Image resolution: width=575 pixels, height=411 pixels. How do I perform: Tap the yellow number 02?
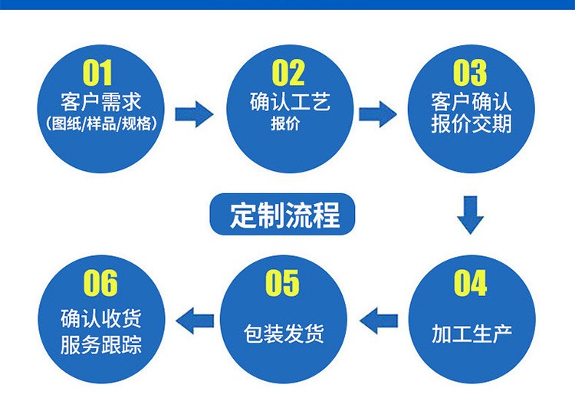click(x=288, y=74)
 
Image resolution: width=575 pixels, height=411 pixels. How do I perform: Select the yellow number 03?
click(x=469, y=74)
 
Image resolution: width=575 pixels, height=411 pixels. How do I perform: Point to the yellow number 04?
click(x=470, y=284)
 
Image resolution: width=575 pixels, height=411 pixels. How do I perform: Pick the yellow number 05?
click(x=282, y=284)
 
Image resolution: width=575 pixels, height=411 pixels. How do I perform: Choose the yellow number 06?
click(x=100, y=284)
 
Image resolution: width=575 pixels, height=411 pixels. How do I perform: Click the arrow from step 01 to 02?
click(x=194, y=114)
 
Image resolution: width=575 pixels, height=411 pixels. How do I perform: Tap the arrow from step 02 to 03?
click(x=378, y=114)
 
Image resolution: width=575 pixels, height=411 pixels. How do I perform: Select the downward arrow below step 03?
click(x=470, y=214)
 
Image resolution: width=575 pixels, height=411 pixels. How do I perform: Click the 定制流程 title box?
click(x=284, y=216)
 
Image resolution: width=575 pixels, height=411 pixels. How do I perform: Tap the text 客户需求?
click(x=100, y=102)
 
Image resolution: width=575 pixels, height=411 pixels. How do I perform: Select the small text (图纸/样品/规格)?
click(x=100, y=123)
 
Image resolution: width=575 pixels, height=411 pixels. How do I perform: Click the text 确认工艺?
click(x=290, y=102)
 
